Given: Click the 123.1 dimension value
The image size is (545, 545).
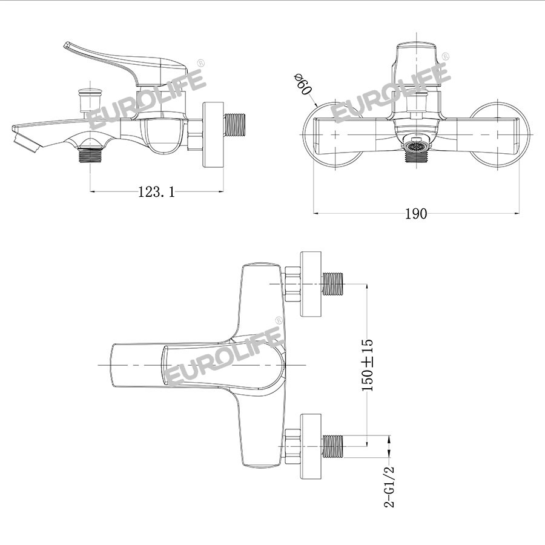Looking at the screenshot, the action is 156,191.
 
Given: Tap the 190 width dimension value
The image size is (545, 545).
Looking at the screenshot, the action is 416,213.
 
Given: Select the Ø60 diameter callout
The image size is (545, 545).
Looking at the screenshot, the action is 302,84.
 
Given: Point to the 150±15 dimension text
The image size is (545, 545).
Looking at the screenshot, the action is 368,365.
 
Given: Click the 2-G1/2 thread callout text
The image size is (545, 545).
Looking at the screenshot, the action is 389,487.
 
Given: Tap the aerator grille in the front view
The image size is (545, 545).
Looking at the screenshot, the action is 416,145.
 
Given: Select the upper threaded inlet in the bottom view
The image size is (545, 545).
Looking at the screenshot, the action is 333,283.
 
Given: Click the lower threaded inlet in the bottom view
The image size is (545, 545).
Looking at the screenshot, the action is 333,446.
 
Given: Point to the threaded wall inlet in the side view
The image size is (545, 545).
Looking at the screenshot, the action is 235,125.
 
